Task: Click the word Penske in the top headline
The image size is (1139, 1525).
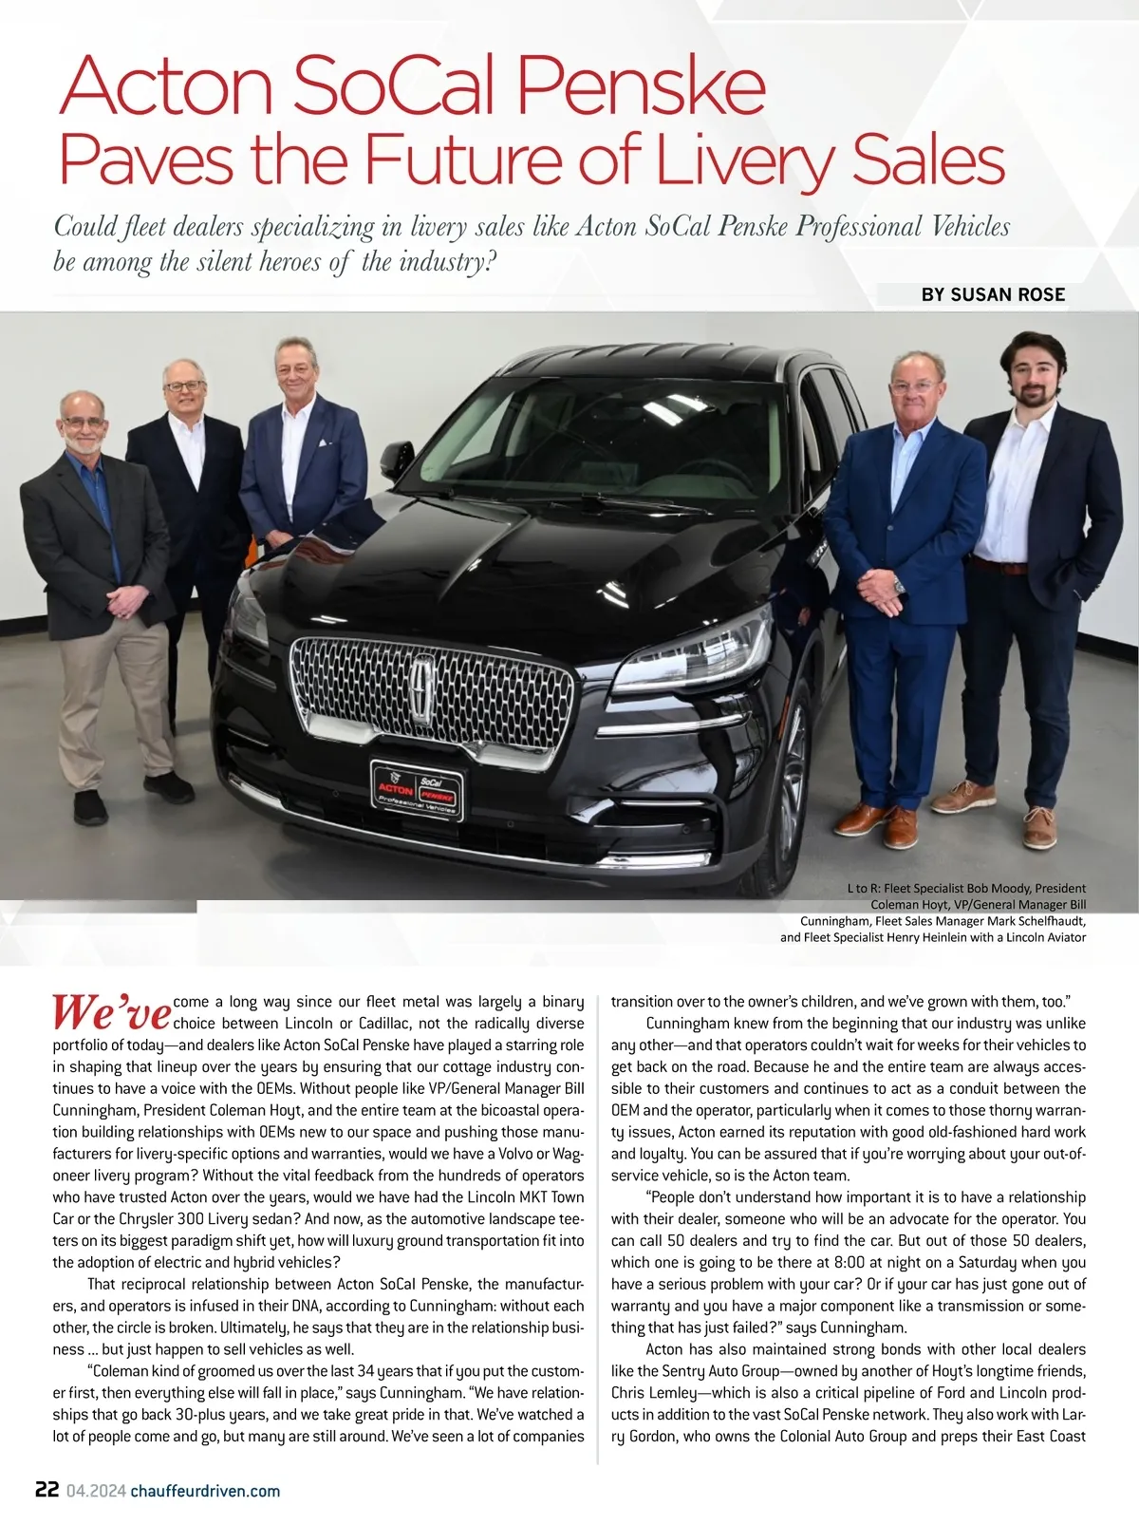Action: point(642,87)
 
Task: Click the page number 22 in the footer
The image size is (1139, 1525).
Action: point(47,1489)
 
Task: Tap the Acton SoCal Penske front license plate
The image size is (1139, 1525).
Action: point(416,790)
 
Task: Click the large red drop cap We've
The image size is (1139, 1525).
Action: point(111,1012)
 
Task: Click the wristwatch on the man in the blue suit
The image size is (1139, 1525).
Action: point(898,586)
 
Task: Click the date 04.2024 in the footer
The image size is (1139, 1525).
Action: point(95,1490)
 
